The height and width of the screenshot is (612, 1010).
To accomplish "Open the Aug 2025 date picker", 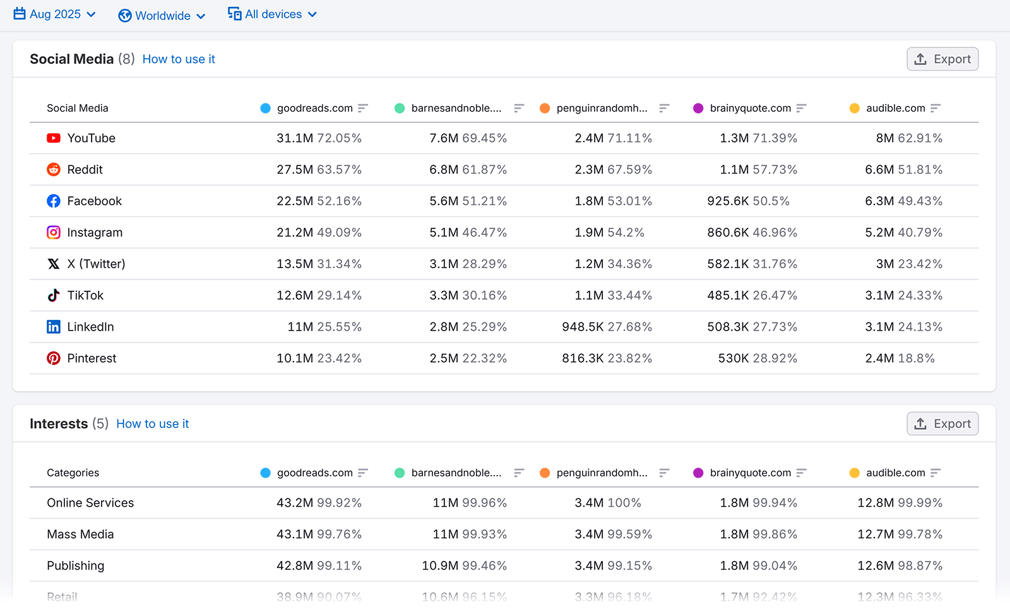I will pyautogui.click(x=55, y=15).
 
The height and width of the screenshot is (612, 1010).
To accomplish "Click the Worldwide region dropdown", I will pyautogui.click(x=162, y=16).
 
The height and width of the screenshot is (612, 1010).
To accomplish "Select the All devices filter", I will pyautogui.click(x=273, y=15).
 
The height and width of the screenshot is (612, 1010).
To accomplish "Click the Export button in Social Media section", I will pyautogui.click(x=942, y=59).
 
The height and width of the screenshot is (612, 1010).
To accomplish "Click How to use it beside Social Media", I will pyautogui.click(x=179, y=59).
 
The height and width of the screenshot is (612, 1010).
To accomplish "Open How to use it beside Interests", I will pyautogui.click(x=152, y=424).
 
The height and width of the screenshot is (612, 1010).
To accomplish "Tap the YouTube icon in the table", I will pyautogui.click(x=54, y=138).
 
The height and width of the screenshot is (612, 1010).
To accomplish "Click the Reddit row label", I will pyautogui.click(x=85, y=170).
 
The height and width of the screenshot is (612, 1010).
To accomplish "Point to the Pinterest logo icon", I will pyautogui.click(x=54, y=358).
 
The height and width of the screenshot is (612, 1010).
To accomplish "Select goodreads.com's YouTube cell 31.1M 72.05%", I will pyautogui.click(x=319, y=138).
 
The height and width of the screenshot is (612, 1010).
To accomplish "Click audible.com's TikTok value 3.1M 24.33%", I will pyautogui.click(x=903, y=295).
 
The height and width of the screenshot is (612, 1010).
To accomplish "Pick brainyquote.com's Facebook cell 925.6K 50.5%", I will pyautogui.click(x=748, y=201).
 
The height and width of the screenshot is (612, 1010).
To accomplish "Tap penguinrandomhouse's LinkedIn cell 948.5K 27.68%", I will pyautogui.click(x=607, y=327).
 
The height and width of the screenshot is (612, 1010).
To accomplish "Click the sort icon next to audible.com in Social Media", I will pyautogui.click(x=936, y=109).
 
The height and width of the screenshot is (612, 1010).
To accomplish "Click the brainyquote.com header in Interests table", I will pyautogui.click(x=750, y=473).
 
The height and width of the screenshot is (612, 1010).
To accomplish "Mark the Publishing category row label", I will pyautogui.click(x=75, y=566).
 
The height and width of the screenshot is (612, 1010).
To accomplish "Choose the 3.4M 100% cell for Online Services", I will pyautogui.click(x=607, y=503).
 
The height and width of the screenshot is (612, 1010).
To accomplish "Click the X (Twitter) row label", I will pyautogui.click(x=96, y=264).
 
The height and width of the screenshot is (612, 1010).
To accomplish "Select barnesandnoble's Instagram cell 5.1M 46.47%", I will pyautogui.click(x=468, y=233).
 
